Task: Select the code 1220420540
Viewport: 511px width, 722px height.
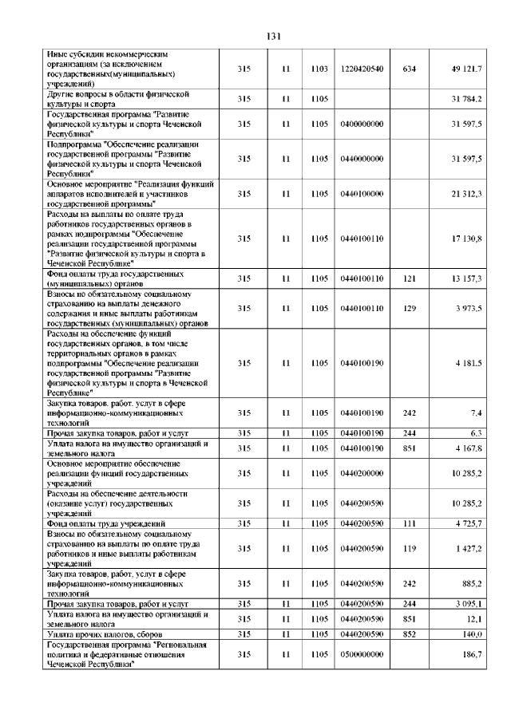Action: (x=362, y=69)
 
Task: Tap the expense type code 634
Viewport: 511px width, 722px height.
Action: (x=410, y=69)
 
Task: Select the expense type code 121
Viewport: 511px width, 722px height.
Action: (x=410, y=278)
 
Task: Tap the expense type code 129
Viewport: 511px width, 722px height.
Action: (x=410, y=308)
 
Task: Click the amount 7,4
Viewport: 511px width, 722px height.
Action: (x=475, y=412)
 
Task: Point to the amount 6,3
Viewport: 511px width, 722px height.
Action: (x=475, y=433)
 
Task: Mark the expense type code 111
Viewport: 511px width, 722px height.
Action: (x=410, y=523)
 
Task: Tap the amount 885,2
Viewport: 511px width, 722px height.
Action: (x=470, y=583)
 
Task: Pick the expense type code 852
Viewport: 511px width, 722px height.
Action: (x=410, y=633)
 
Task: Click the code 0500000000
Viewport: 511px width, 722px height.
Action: (x=362, y=654)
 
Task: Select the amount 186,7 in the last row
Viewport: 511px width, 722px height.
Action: (x=470, y=654)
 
